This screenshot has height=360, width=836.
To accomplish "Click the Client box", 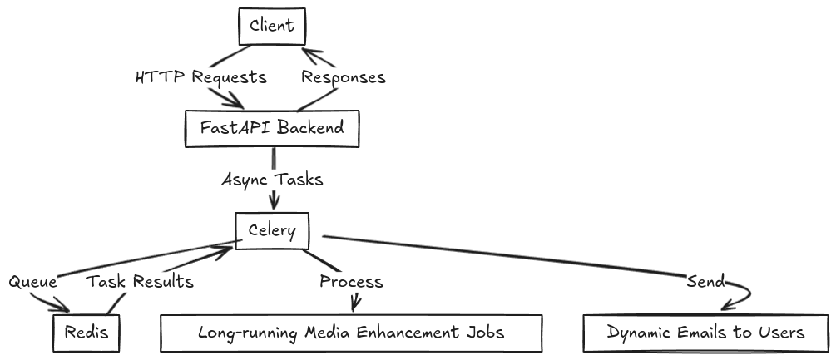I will (x=272, y=25).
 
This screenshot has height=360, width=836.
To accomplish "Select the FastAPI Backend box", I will (x=272, y=128).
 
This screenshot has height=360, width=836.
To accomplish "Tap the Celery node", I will (x=272, y=230).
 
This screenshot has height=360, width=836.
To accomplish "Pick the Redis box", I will (x=86, y=333).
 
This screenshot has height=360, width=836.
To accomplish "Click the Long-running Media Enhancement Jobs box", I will (x=351, y=333).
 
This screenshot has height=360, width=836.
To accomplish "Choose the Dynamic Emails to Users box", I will (x=705, y=333).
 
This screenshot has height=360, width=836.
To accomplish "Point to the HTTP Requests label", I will (x=200, y=77).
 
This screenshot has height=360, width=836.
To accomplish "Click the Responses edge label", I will (x=343, y=77).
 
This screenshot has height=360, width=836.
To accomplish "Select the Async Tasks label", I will (x=271, y=180).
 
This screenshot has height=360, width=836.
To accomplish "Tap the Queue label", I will (x=32, y=282).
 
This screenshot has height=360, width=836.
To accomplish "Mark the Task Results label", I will (x=140, y=282).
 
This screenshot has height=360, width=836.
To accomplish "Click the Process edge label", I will (x=351, y=282).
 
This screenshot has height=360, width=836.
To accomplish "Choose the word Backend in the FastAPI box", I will (x=308, y=128).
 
